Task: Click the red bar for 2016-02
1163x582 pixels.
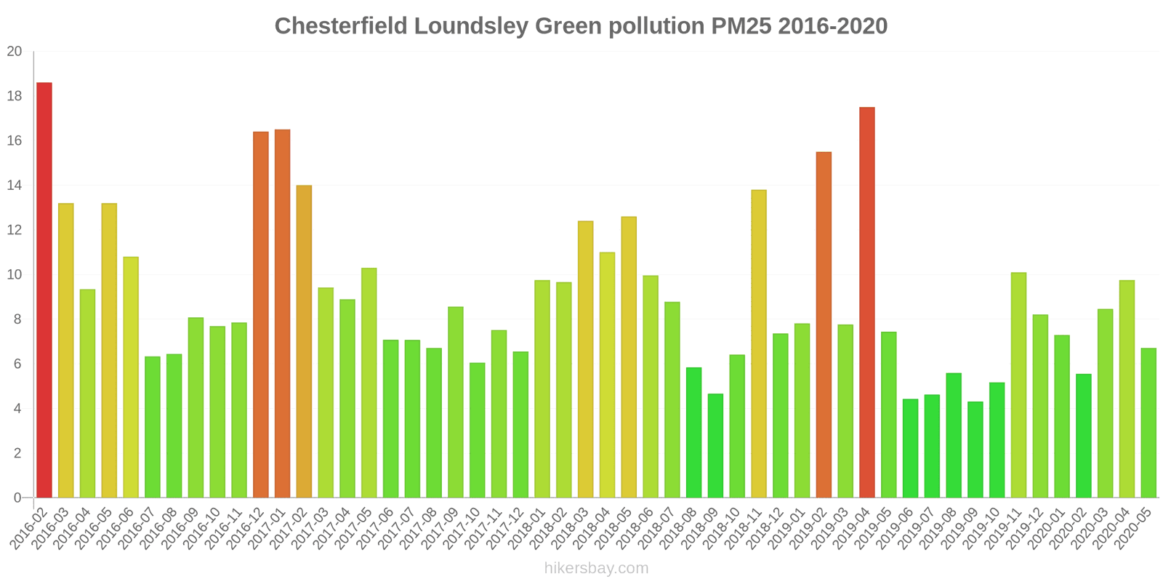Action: click(44, 290)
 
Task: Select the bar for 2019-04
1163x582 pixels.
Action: click(867, 303)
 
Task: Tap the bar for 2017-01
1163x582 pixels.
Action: click(283, 314)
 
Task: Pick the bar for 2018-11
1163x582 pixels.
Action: click(759, 344)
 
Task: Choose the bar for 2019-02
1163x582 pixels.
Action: click(824, 325)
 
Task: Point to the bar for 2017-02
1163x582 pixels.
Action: click(304, 342)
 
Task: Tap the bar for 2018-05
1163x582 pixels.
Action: click(629, 357)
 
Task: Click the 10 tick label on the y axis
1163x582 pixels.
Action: click(15, 275)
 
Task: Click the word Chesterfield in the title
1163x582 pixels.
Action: click(342, 26)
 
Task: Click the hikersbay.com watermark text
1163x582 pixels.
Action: click(596, 568)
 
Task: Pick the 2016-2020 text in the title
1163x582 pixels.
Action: click(832, 26)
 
